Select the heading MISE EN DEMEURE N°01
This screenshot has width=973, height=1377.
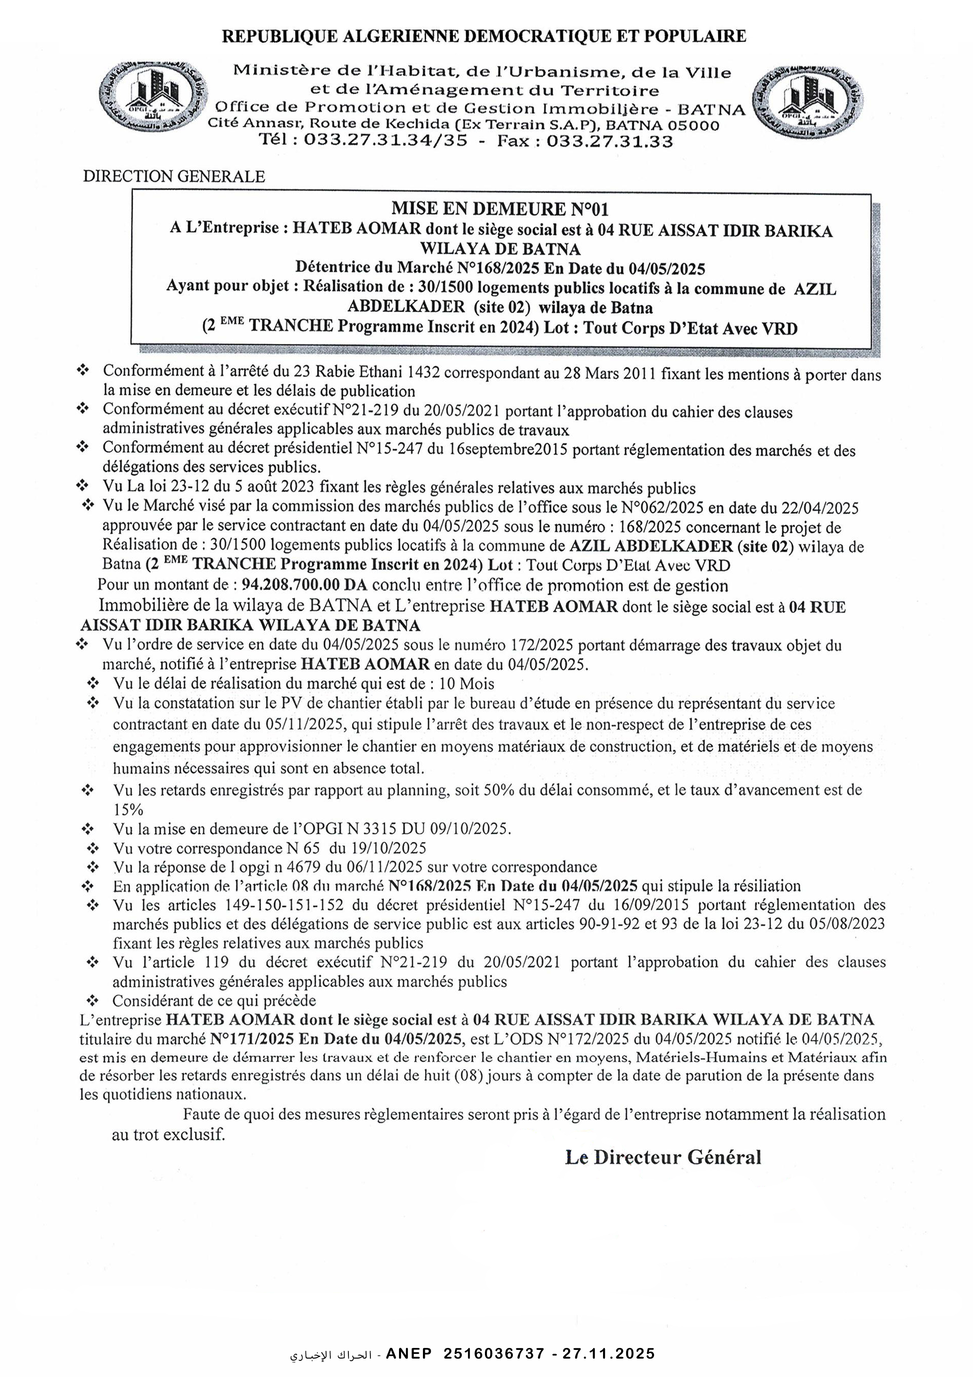(x=499, y=209)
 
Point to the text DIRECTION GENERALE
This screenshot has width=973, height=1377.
(x=174, y=176)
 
